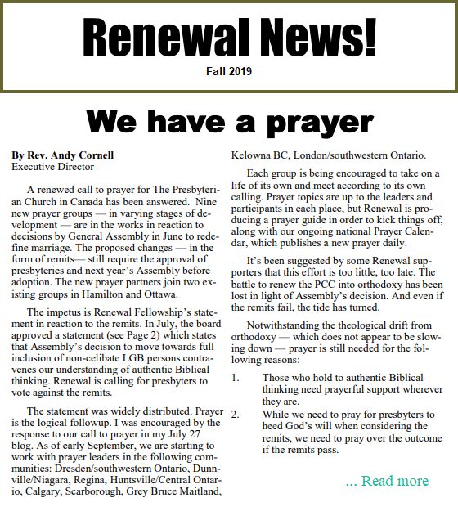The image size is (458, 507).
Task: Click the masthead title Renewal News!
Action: pyautogui.click(x=229, y=37)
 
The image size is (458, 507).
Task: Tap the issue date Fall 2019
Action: pyautogui.click(x=229, y=72)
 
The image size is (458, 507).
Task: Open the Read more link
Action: pyautogui.click(x=387, y=481)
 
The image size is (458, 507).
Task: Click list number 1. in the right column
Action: pyautogui.click(x=236, y=378)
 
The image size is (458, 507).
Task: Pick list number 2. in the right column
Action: pyautogui.click(x=236, y=414)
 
